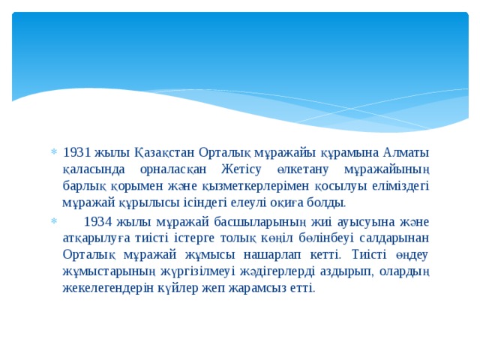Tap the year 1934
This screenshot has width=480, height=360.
click(100, 221)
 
